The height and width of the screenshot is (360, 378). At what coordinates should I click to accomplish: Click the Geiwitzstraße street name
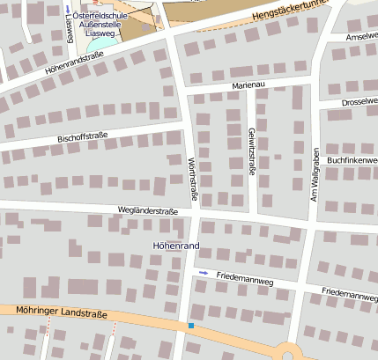click(x=251, y=151)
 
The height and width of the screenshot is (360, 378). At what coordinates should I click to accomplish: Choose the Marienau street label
click(x=248, y=84)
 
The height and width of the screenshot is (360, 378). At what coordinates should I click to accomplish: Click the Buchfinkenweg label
click(x=352, y=160)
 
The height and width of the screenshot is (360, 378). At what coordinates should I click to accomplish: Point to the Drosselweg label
click(x=359, y=102)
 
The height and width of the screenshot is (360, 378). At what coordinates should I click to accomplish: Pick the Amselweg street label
click(x=361, y=37)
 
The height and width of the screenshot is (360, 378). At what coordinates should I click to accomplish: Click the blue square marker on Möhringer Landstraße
click(x=190, y=326)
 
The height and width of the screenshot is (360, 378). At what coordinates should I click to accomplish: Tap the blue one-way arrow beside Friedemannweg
click(x=204, y=273)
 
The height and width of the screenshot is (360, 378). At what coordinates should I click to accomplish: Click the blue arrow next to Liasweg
click(x=68, y=8)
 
